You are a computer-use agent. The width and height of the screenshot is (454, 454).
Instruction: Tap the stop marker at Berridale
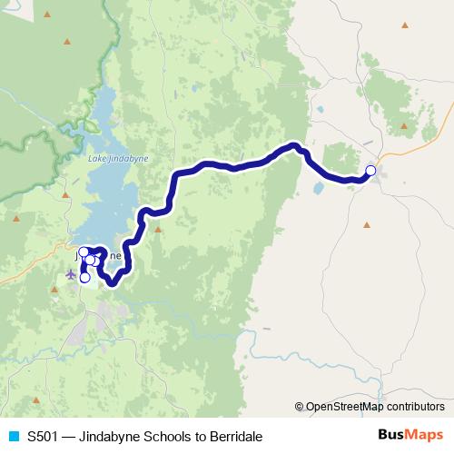pos(370,171)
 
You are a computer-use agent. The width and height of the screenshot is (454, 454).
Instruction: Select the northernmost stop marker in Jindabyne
pos(84,252)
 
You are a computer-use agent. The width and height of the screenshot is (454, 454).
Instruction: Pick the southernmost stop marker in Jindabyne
pos(84,278)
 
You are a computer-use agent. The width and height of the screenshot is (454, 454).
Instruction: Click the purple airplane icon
pos(72,273)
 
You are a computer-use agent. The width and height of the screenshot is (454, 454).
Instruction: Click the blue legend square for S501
pos(13,436)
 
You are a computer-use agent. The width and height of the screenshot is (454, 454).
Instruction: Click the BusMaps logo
pos(411,436)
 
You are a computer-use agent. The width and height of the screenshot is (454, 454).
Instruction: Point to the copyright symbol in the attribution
pos(300,407)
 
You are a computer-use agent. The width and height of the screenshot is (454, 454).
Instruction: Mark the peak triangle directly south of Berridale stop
pos(367,224)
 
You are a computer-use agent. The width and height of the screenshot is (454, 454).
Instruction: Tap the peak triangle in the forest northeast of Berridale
pos(403,125)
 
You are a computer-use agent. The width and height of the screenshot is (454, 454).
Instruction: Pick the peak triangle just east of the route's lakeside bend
pos(158,229)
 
